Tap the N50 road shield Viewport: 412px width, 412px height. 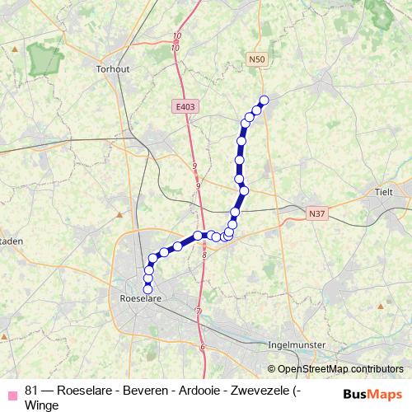[x=258, y=60]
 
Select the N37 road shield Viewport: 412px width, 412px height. [x=317, y=213]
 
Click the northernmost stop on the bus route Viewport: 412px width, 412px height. [x=265, y=101]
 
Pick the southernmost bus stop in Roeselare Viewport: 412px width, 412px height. [x=148, y=289]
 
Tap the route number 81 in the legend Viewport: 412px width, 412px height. [x=32, y=389]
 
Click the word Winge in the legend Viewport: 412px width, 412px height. [x=42, y=405]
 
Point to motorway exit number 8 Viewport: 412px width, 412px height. [x=204, y=256]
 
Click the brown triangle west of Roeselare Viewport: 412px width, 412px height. [x=120, y=215]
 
